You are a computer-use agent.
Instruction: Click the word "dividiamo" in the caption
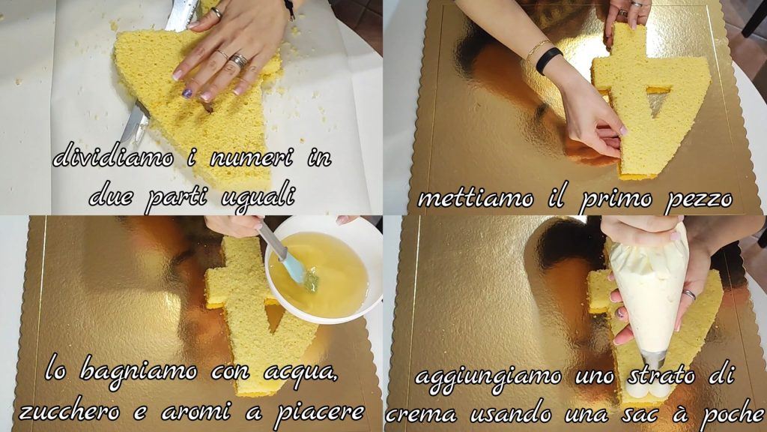113,157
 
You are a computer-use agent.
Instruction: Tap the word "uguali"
258,199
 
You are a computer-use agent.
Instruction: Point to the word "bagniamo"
139,373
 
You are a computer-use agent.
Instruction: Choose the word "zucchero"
69,412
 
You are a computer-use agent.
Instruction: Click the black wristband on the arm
548,60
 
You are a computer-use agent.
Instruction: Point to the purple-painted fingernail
187,92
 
